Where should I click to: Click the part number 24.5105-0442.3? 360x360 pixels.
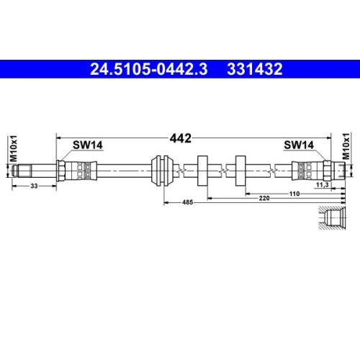148,70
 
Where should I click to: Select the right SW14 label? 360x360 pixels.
297,145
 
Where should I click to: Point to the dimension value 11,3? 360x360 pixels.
323,185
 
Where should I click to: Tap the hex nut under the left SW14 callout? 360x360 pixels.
63,172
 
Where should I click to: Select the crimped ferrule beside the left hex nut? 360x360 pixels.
82,172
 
